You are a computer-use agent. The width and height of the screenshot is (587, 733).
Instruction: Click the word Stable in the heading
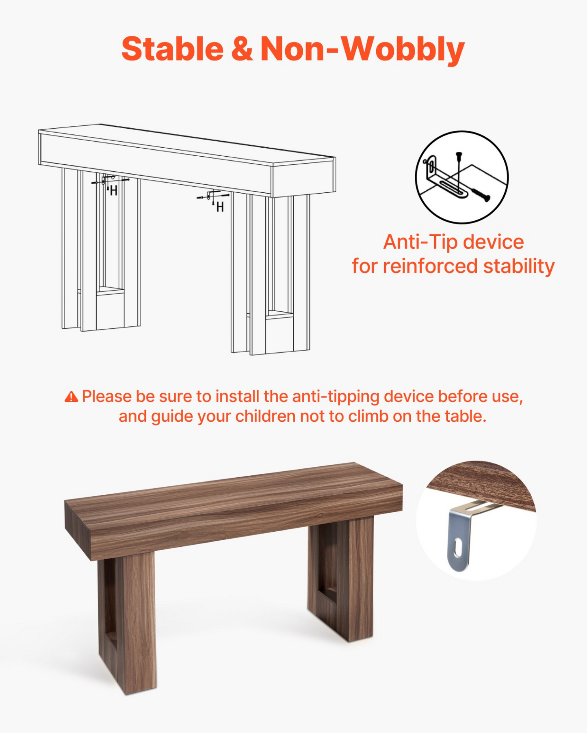pyautogui.click(x=173, y=49)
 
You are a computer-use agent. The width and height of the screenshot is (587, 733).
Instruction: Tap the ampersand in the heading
pyautogui.click(x=242, y=49)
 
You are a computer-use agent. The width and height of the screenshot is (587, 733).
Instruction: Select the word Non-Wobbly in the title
pyautogui.click(x=362, y=50)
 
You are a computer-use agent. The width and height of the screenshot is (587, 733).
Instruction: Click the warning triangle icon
pyautogui.click(x=71, y=397)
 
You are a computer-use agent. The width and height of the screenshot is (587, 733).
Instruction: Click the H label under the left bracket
pyautogui.click(x=114, y=190)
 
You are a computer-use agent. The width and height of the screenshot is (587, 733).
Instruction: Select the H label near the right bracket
pyautogui.click(x=220, y=207)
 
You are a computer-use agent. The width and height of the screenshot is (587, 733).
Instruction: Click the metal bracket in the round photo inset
pyautogui.click(x=467, y=534)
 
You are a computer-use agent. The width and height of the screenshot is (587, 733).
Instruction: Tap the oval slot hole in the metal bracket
pyautogui.click(x=458, y=548)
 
